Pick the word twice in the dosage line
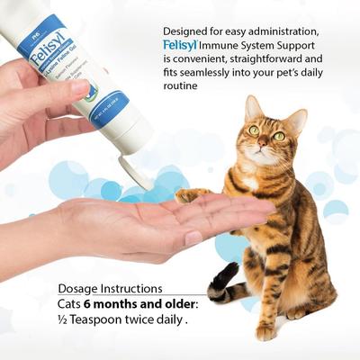[146, 322]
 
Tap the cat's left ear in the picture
[251, 107]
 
